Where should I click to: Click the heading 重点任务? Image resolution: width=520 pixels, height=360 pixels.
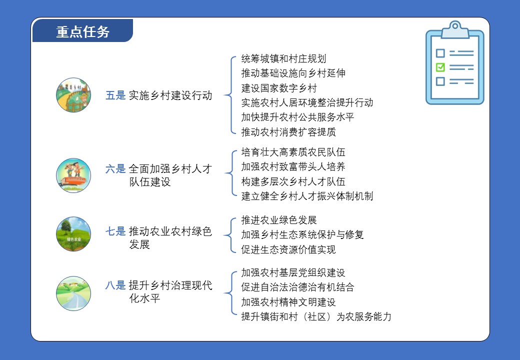pyautogui.click(x=83, y=32)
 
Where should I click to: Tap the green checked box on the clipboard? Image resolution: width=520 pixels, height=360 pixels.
pyautogui.click(x=440, y=67)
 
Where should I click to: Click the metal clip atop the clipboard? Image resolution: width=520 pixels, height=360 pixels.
pyautogui.click(x=455, y=29)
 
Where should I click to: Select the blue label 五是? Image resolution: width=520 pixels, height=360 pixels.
pyautogui.click(x=115, y=95)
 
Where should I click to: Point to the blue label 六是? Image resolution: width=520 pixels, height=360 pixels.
pyautogui.click(x=115, y=168)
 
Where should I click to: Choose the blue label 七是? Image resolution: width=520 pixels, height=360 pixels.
pyautogui.click(x=115, y=231)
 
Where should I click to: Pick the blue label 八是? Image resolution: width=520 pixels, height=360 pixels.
pyautogui.click(x=115, y=285)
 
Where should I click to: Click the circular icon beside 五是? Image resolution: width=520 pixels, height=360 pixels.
pyautogui.click(x=73, y=95)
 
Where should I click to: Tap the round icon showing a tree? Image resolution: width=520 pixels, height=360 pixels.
pyautogui.click(x=73, y=234)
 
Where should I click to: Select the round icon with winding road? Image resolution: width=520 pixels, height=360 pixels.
pyautogui.click(x=73, y=293)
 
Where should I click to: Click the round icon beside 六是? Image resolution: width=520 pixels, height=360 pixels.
pyautogui.click(x=73, y=175)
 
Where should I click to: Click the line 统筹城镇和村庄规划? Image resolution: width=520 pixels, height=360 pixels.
pyautogui.click(x=283, y=58)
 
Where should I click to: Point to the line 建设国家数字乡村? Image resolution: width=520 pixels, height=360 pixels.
pyautogui.click(x=279, y=88)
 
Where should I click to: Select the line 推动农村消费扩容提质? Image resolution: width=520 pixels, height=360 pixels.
pyautogui.click(x=288, y=132)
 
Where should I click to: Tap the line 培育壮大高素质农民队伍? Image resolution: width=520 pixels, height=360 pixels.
pyautogui.click(x=293, y=152)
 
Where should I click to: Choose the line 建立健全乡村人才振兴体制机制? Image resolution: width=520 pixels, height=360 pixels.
pyautogui.click(x=307, y=196)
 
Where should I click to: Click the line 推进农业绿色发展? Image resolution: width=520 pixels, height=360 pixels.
pyautogui.click(x=279, y=220)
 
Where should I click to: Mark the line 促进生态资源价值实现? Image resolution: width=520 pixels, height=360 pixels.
pyautogui.click(x=288, y=249)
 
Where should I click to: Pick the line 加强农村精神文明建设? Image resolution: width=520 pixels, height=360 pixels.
pyautogui.click(x=288, y=302)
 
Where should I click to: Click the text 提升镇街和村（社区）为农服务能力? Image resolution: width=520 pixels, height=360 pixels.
pyautogui.click(x=316, y=316)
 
